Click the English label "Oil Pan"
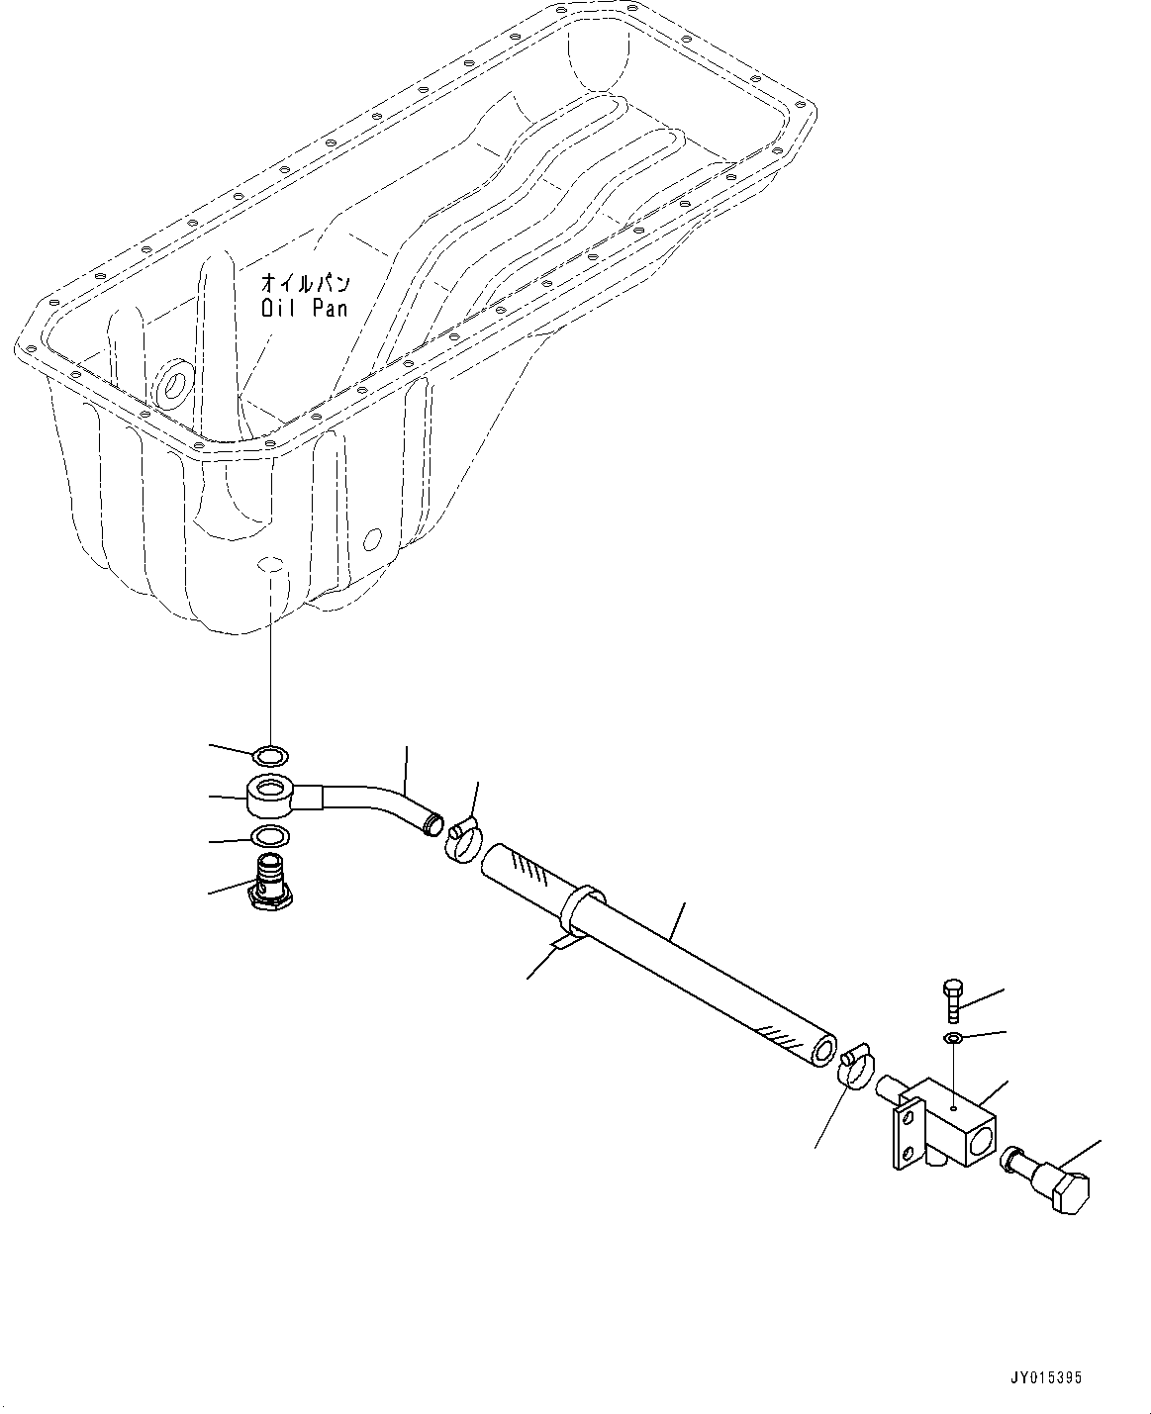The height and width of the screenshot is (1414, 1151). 304,308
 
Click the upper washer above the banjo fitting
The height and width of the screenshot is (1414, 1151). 269,758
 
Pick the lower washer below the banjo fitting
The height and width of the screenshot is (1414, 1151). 269,834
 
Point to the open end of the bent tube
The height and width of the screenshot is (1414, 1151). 432,823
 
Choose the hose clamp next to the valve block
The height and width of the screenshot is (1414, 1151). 855,1070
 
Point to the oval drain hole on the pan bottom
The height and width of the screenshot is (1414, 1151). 269,565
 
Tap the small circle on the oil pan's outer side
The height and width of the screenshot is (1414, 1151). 372,539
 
